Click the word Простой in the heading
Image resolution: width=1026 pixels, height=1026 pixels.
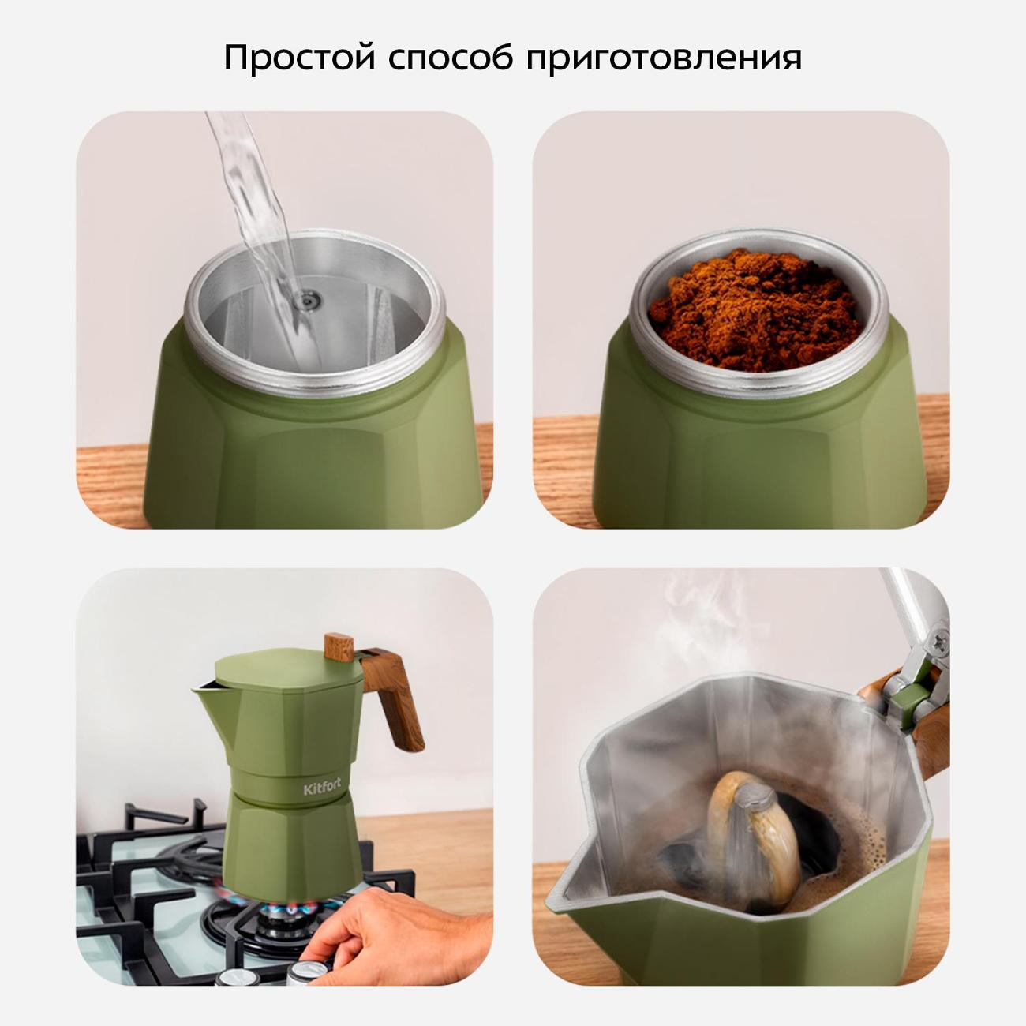301,58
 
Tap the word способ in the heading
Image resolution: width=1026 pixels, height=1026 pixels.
451,58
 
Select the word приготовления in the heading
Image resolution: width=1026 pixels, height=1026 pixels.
664,59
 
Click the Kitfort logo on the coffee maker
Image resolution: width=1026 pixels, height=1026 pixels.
321,787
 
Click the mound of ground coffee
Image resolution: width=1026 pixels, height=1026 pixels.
758,309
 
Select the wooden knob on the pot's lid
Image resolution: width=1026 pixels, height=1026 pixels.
339,646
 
